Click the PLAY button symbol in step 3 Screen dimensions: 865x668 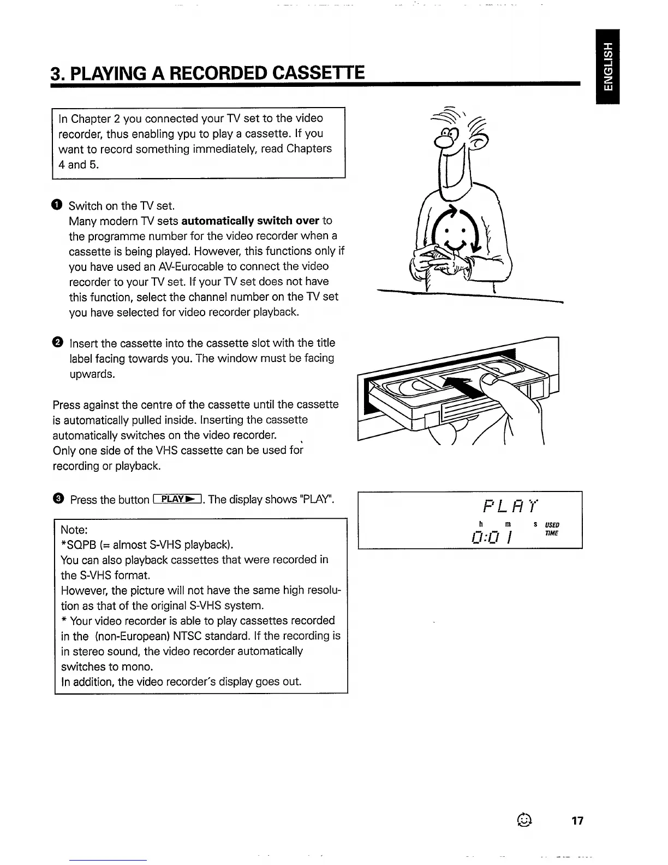click(178, 499)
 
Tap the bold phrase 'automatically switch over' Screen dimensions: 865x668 click(250, 221)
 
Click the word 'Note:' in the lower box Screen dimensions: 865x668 click(75, 530)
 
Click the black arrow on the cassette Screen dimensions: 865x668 click(461, 388)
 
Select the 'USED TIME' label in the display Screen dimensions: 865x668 click(551, 529)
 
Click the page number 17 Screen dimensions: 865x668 click(577, 821)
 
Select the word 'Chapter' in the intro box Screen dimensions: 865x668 click(92, 119)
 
